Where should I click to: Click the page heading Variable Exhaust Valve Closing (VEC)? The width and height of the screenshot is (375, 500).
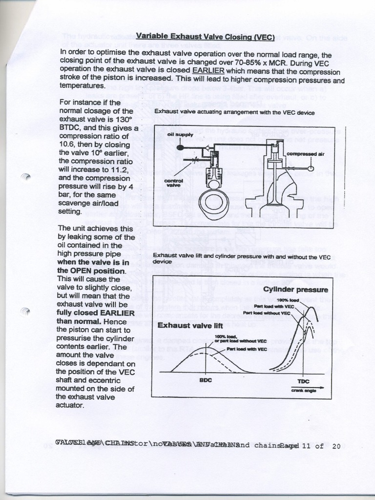point(205,36)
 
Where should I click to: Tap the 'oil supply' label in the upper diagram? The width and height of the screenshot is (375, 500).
point(180,134)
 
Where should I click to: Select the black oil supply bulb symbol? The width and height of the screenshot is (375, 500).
point(181,146)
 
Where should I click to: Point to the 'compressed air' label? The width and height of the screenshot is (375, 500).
point(305,154)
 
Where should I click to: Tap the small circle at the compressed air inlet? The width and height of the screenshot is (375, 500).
point(311,169)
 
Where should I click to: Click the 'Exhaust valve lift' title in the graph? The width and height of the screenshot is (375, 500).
point(190,325)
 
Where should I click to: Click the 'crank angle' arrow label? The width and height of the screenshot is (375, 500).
point(305,390)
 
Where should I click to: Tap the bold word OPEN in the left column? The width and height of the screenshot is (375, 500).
point(81,271)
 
